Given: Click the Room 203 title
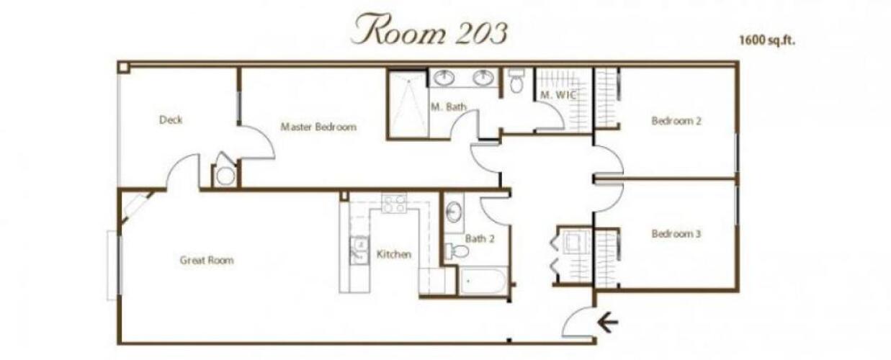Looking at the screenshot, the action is coord(429,30).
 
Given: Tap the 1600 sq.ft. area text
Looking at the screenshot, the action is coord(767,40).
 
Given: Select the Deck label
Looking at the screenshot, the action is coord(171,120).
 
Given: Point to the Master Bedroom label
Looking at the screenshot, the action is coord(318,127).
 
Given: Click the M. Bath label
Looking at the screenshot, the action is coord(449,107).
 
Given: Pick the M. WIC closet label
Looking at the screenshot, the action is coord(558,95).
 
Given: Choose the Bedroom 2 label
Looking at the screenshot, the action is coord(676,121).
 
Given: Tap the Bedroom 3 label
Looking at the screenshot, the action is coord(676,234).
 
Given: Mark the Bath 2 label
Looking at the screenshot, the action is coord(480,238).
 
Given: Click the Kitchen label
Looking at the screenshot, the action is coord(394,254).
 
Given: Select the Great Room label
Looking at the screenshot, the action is coord(207,261).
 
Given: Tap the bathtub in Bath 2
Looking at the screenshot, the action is coord(483,281).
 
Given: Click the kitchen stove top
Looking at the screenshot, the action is coord(394,203).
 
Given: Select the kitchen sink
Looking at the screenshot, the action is coord(359,251).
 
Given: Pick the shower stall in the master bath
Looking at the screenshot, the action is coord(408,104).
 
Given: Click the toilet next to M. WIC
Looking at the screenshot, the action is coord(516,81).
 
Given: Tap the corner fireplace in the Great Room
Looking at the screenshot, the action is coord(136,207).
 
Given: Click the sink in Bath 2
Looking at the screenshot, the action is coord(454,212).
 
